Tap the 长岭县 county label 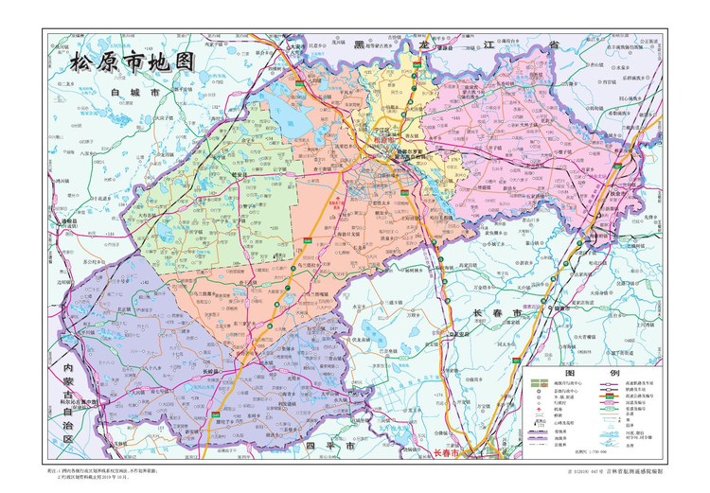(214, 371)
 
